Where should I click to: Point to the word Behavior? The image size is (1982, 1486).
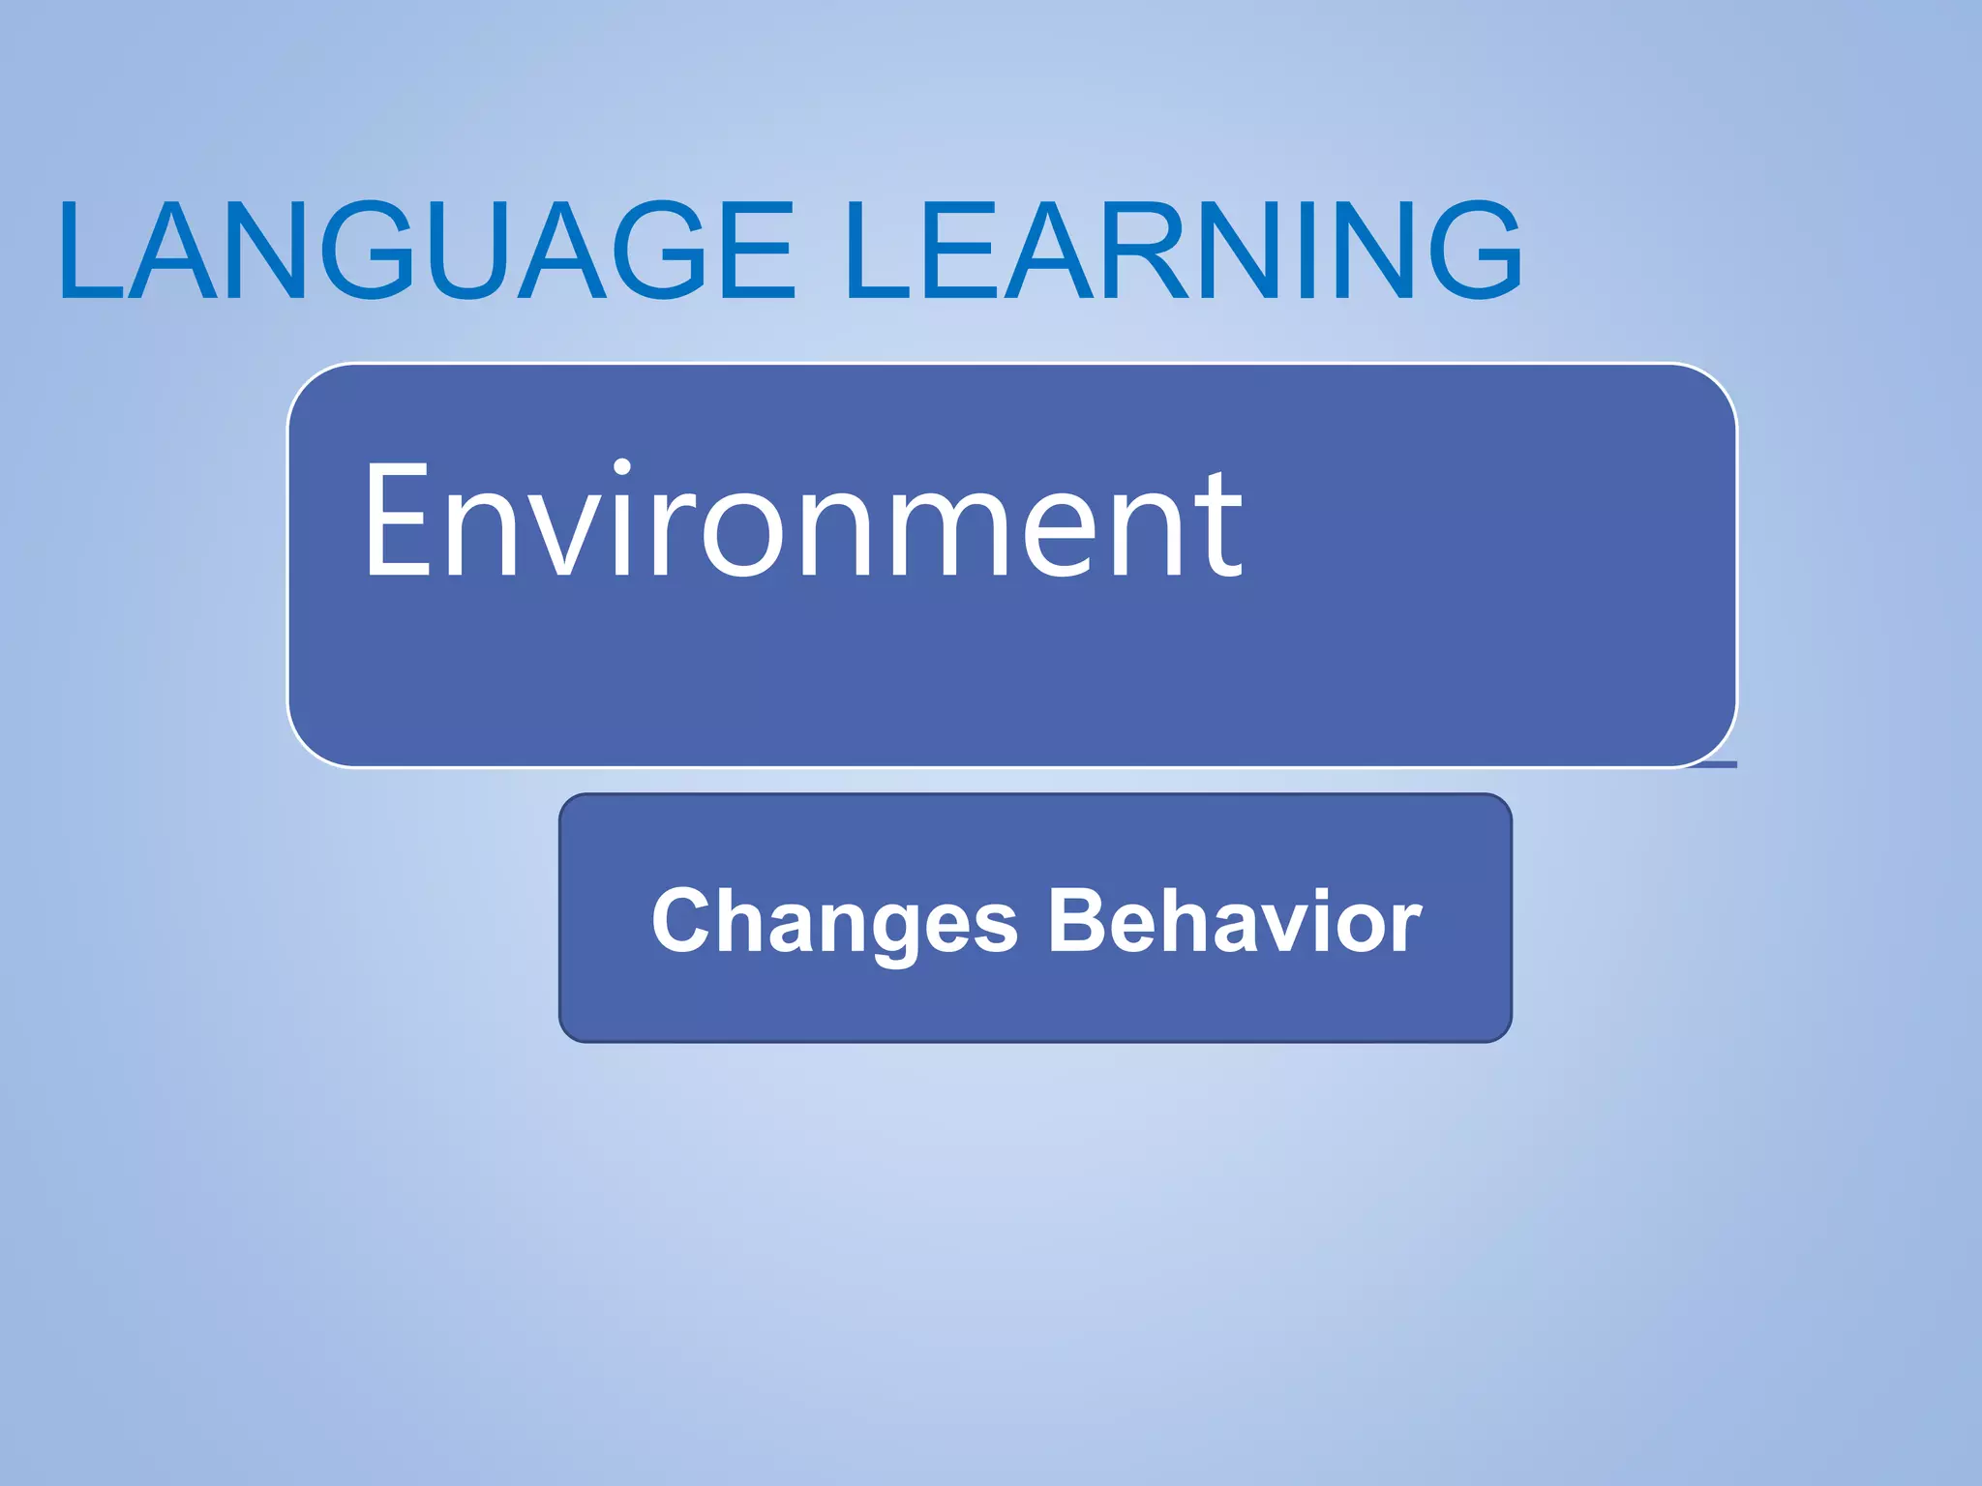click(1235, 921)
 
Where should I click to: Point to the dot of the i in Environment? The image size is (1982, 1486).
click(621, 469)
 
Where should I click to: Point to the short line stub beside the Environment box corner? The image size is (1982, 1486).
click(1713, 764)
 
